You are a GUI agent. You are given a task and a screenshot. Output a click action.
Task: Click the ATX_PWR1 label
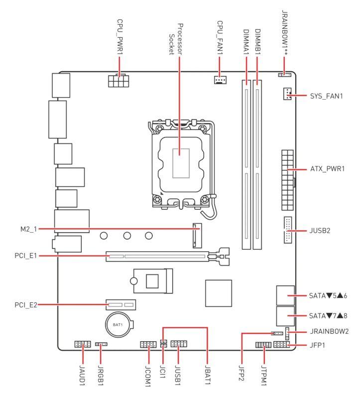tap(327, 169)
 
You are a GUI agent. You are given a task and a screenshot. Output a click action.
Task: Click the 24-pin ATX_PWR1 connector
tap(287, 169)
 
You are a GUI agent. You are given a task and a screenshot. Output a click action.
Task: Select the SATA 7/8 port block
tap(284, 315)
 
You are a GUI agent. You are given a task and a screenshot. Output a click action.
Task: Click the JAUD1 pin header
tap(82, 344)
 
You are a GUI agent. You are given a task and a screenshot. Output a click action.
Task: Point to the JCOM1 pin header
tap(148, 344)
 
